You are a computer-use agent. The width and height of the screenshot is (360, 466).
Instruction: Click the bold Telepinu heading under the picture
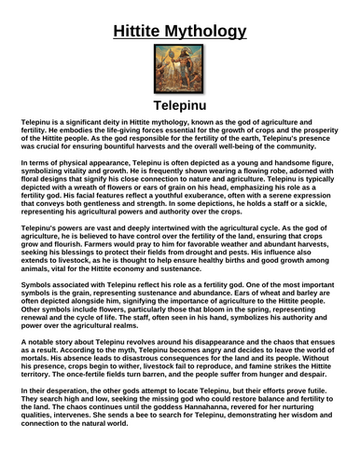[x=179, y=104]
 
